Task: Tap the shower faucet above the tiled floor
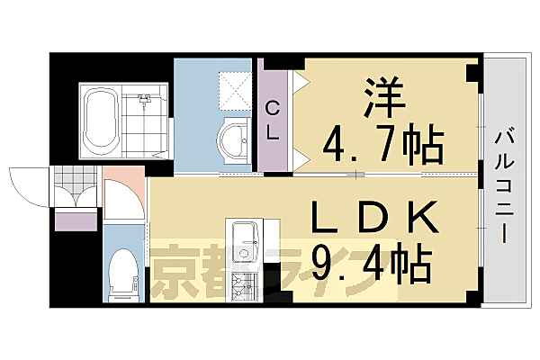(x=144, y=95)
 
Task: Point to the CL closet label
(x=272, y=120)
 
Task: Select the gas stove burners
(x=244, y=287)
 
